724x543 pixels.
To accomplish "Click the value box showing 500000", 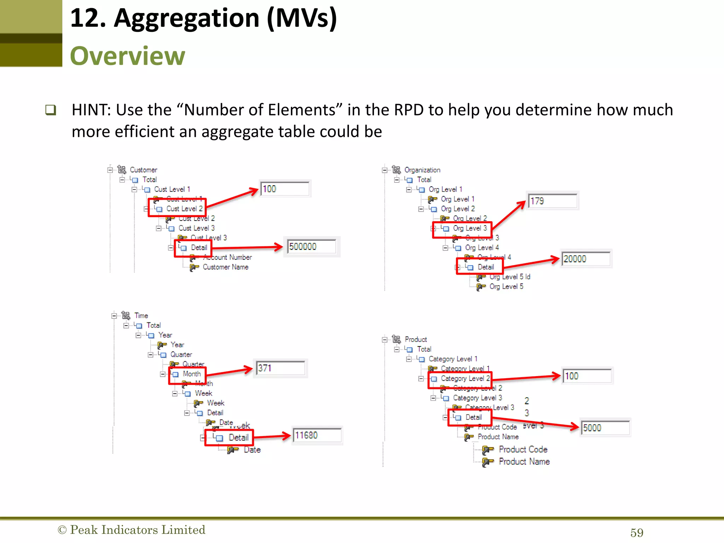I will [311, 246].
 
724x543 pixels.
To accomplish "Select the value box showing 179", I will [552, 201].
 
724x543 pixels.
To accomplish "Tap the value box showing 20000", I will [586, 259].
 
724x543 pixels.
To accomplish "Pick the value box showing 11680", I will [317, 435].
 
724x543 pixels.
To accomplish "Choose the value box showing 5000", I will [605, 428].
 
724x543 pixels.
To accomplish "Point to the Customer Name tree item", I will [225, 267].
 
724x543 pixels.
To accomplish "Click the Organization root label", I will [422, 170].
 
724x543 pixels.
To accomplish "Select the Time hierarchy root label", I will [141, 315].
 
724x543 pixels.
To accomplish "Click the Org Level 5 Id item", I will [509, 277].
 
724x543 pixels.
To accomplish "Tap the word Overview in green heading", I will [128, 56].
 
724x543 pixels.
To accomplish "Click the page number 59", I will [637, 532].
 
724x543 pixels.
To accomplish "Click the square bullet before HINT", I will [51, 110].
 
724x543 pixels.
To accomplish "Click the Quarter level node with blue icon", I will [181, 355].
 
